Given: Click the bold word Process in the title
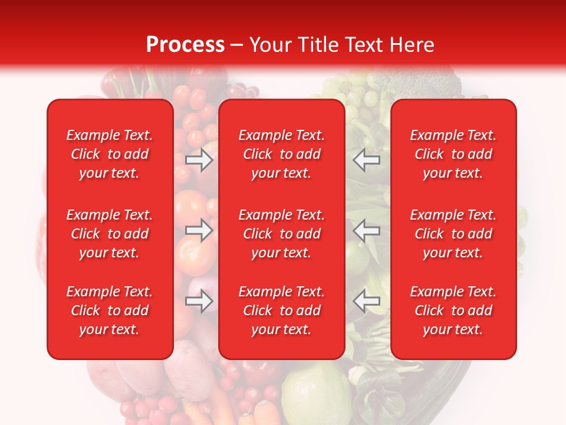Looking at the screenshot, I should pos(185,45).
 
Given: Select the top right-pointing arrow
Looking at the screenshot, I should pos(199,160).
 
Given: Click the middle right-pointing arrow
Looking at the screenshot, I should pos(199,230).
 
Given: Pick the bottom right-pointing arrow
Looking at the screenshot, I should pos(199,301).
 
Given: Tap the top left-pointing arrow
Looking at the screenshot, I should pos(366,160).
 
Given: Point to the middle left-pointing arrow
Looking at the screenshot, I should pos(366,230).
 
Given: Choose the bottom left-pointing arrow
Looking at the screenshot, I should pos(366,301).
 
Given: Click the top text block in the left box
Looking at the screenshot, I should pos(110,154).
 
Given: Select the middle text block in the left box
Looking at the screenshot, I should pos(110,234).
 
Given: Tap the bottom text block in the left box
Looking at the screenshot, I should pos(110,310).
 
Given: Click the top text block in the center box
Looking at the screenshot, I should pos(282,154).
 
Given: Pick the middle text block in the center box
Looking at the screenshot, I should pos(282,234).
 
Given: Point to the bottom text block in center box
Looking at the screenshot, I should pos(282,310).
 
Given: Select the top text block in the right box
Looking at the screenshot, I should pos(453,154).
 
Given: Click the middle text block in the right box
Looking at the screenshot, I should pos(453,234).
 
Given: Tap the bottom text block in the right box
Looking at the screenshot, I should pos(453,310).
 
